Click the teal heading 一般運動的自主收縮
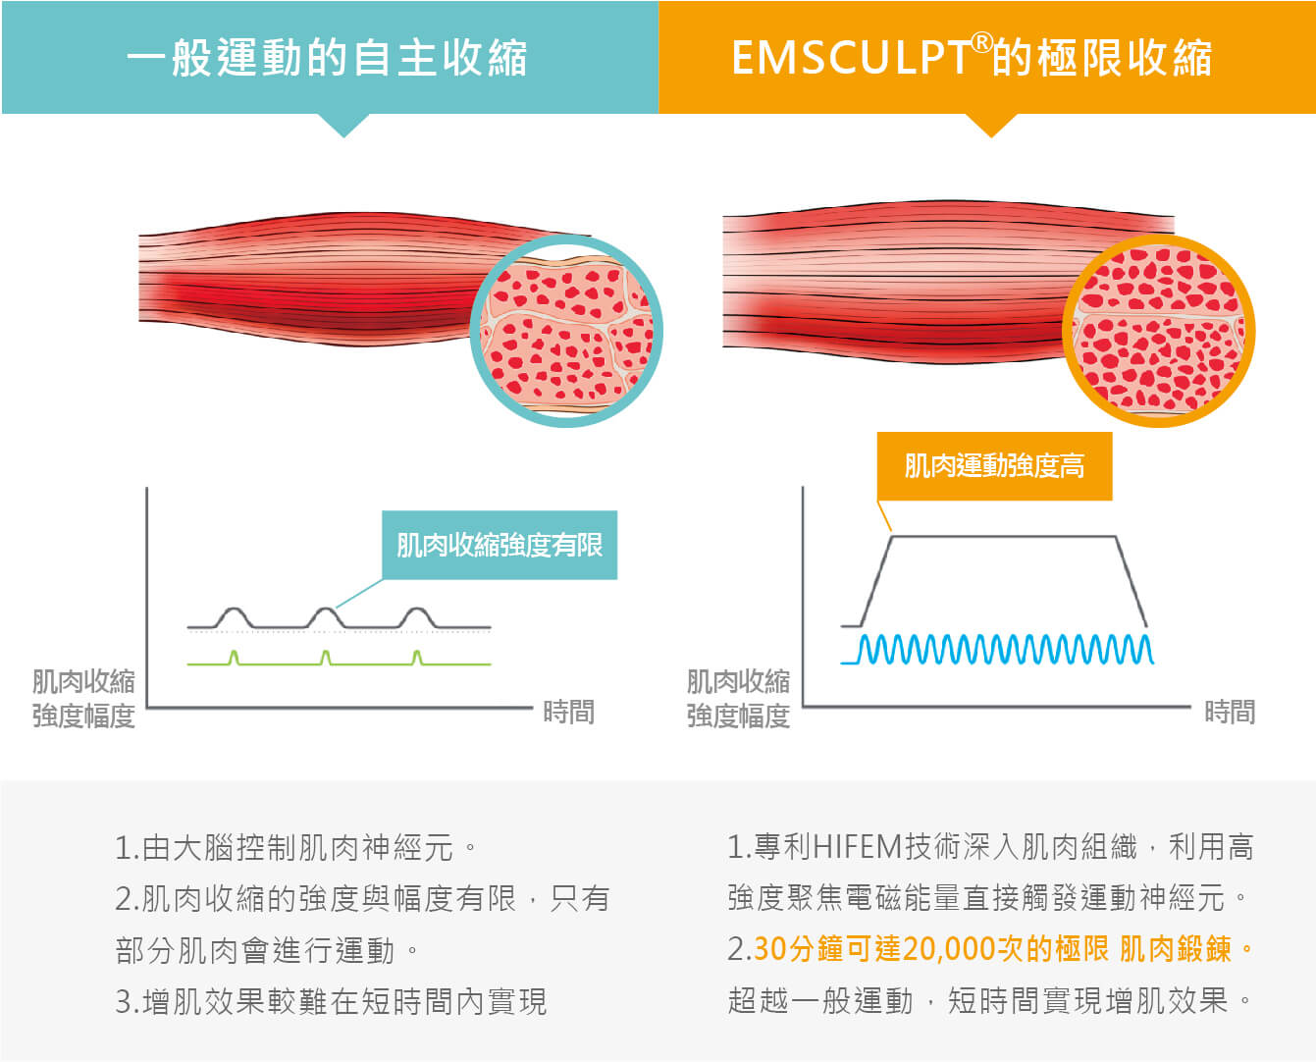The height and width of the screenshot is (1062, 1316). coord(327,58)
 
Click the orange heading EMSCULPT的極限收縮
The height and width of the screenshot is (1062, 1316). coord(972,58)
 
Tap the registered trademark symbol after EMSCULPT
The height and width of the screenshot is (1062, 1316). coord(981,42)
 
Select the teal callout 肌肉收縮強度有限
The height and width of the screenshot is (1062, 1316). coord(500,545)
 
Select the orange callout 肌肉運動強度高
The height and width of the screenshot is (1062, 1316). coord(994,466)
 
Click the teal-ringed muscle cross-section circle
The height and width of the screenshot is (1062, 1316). coord(566,331)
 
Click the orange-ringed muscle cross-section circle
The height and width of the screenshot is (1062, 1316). coord(1158,331)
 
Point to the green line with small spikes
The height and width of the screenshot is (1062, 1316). coord(339,663)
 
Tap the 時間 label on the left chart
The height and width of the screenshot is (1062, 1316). coord(568,712)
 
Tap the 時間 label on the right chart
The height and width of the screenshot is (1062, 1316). coord(1230,712)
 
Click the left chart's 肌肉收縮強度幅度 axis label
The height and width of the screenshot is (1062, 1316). coord(83,698)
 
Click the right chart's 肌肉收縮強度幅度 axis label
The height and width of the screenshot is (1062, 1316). coord(738,698)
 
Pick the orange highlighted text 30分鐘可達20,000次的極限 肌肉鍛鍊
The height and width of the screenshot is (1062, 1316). coord(1001,949)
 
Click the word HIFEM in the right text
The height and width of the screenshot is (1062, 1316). coord(857,846)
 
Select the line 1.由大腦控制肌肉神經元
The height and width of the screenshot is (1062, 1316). coord(294,847)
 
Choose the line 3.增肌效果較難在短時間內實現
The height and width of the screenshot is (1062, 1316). coord(331,1001)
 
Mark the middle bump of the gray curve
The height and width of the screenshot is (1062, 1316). coord(325,615)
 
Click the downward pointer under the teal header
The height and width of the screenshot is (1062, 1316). coord(343,125)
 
